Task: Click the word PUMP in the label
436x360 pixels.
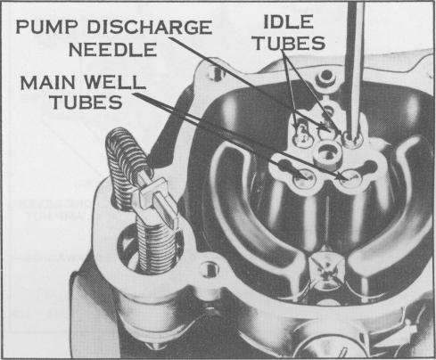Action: click(x=47, y=27)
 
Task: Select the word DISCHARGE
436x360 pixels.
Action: click(x=150, y=27)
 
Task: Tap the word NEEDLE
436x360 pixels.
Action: click(x=112, y=50)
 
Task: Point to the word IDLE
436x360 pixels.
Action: click(x=288, y=21)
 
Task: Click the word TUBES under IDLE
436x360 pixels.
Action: click(x=290, y=43)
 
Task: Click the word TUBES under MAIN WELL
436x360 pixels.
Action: click(x=86, y=102)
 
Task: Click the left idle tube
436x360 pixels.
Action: click(x=301, y=134)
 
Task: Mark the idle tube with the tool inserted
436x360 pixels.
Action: click(x=352, y=140)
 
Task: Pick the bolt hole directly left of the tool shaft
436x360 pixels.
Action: click(x=326, y=76)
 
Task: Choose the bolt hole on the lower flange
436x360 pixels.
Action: click(x=210, y=269)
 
